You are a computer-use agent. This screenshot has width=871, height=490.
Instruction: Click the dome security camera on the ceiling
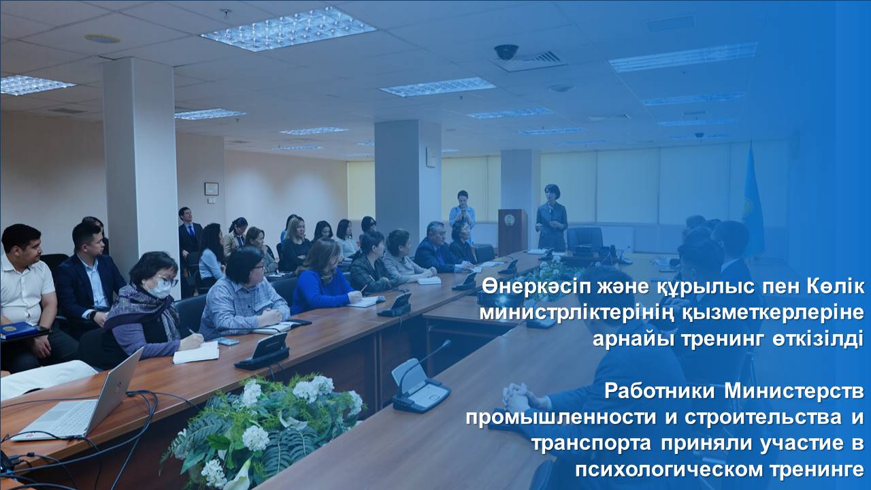pyautogui.click(x=506, y=52)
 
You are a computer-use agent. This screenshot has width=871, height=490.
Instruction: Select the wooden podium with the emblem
pyautogui.click(x=512, y=231)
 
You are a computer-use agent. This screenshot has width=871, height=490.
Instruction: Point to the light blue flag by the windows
pyautogui.click(x=753, y=202)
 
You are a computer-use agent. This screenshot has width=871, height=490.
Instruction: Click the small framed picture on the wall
pyautogui.click(x=211, y=189)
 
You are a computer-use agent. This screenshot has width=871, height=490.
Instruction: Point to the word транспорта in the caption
pyautogui.click(x=591, y=444)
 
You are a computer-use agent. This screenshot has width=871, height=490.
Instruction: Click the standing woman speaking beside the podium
pyautogui.click(x=551, y=218)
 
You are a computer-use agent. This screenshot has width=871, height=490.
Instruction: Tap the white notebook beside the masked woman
pyautogui.click(x=195, y=353)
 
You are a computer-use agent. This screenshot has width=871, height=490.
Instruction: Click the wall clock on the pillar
pyautogui.click(x=431, y=157)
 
